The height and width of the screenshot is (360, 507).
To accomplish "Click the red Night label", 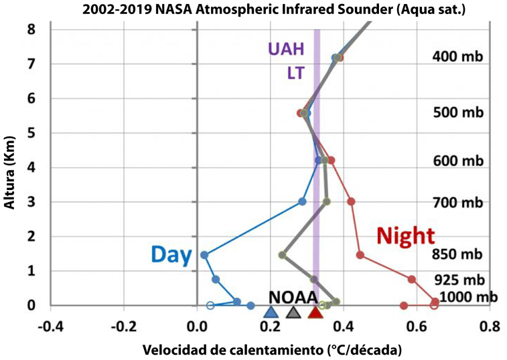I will (406, 236).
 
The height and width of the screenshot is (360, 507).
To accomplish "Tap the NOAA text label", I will (293, 297).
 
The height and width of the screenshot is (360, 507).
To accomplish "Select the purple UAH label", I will (286, 49).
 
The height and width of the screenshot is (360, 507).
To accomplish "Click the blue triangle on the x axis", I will (271, 312).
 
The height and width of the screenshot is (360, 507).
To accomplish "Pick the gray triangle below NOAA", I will (293, 312).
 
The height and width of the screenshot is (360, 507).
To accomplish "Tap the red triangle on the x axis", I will (315, 312).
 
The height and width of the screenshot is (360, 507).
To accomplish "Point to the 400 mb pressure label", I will (458, 58).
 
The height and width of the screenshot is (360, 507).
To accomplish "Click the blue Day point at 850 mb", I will (204, 255).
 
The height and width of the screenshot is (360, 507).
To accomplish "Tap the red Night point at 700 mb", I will (351, 201).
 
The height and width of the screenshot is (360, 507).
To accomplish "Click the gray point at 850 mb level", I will (283, 255).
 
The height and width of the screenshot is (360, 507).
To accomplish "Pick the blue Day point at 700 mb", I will (302, 201).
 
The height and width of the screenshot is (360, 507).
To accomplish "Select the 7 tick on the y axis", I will (31, 64).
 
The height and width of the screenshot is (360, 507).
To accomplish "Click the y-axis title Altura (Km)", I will (11, 167).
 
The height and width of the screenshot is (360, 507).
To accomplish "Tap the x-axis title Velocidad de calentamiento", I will (271, 350).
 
